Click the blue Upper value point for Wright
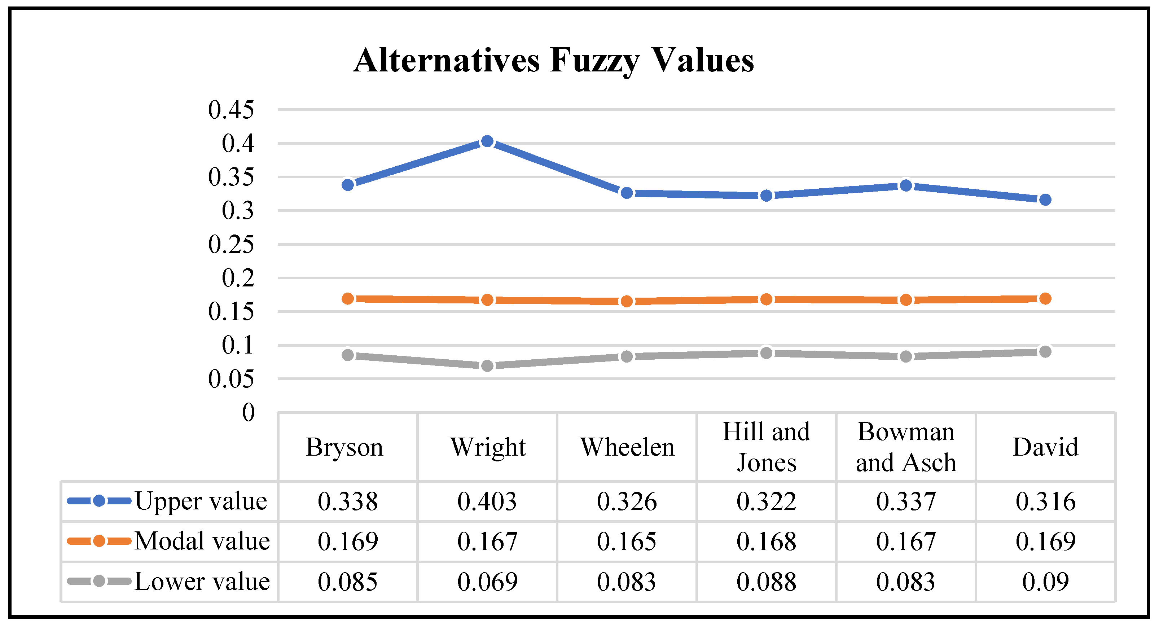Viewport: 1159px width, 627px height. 487,142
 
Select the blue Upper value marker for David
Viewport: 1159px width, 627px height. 1045,199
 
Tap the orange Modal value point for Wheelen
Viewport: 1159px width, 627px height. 627,301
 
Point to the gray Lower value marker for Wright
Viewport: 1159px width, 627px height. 487,365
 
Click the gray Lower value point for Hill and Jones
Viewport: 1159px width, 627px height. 766,353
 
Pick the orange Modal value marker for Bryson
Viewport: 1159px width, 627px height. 348,298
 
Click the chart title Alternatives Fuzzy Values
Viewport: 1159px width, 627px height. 553,60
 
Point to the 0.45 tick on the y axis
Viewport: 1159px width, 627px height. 231,109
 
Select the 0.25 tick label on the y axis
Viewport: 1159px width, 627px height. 231,244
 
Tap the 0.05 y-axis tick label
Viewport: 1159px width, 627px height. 231,379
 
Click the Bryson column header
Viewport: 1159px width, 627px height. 344,447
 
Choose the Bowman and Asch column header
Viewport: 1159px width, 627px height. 906,447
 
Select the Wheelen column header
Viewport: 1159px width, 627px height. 627,447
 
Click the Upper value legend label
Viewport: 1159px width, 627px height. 201,501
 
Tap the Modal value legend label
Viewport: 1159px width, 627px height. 202,540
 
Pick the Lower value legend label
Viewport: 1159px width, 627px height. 202,581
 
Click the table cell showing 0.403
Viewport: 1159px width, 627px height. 487,501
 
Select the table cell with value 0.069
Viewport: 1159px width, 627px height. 487,582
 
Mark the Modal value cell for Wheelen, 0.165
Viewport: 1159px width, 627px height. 627,541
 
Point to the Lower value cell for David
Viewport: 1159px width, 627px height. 1045,582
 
